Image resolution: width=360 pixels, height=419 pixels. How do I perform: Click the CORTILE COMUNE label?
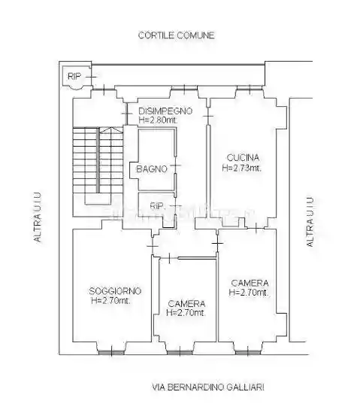pyautogui.click(x=177, y=35)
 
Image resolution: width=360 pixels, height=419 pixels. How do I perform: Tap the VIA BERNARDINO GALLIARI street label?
pyautogui.click(x=208, y=387)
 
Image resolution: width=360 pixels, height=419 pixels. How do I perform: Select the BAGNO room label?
pyautogui.click(x=152, y=169)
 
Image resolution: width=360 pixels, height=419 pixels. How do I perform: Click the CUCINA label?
pyautogui.click(x=243, y=158)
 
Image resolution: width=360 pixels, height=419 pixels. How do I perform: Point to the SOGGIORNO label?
pyautogui.click(x=115, y=290)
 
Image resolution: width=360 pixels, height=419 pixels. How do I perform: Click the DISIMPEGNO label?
pyautogui.click(x=165, y=111)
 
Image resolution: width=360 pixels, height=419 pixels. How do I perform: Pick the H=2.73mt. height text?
pyautogui.click(x=242, y=168)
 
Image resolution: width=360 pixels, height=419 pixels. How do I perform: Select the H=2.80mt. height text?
pyautogui.click(x=158, y=120)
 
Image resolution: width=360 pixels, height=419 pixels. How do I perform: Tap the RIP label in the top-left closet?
pyautogui.click(x=74, y=77)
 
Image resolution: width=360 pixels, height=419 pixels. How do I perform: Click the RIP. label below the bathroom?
pyautogui.click(x=157, y=206)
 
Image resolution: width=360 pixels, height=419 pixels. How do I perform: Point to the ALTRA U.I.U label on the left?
pyautogui.click(x=38, y=217)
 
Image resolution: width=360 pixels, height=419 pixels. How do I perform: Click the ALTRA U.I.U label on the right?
pyautogui.click(x=310, y=222)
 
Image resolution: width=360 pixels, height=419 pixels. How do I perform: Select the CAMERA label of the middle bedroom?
pyautogui.click(x=186, y=304)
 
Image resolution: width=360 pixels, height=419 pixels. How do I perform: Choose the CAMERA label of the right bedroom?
pyautogui.click(x=250, y=283)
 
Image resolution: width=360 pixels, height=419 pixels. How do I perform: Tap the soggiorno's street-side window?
pyautogui.click(x=111, y=353)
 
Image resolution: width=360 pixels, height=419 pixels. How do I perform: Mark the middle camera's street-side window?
pyautogui.click(x=180, y=353)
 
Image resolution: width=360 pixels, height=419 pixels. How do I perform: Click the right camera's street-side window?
pyautogui.click(x=247, y=353)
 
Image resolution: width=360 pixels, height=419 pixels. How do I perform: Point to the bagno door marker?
pyautogui.click(x=175, y=165)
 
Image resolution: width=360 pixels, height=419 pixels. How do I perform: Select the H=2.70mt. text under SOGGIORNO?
pyautogui.click(x=111, y=301)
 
